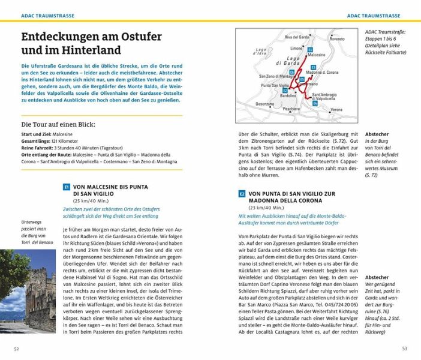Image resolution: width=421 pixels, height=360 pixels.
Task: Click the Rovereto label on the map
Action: coord(337,39)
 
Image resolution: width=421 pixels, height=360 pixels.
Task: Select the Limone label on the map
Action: coord(296,48)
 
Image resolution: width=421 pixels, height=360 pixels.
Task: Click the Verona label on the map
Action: coord(336,110)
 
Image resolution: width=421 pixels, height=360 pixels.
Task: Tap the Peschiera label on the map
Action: coord(291,109)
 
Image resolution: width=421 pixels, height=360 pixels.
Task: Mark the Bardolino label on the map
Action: coord(288,95)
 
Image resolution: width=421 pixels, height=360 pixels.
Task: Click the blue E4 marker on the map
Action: coord(315,104)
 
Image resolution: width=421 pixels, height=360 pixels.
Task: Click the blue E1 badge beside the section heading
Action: coord(67,187)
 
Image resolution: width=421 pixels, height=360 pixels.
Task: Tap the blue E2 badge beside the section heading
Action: coord(242,193)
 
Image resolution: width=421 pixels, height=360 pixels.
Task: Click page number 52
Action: coord(17,348)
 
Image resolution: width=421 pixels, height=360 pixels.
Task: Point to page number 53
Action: coord(405,348)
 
